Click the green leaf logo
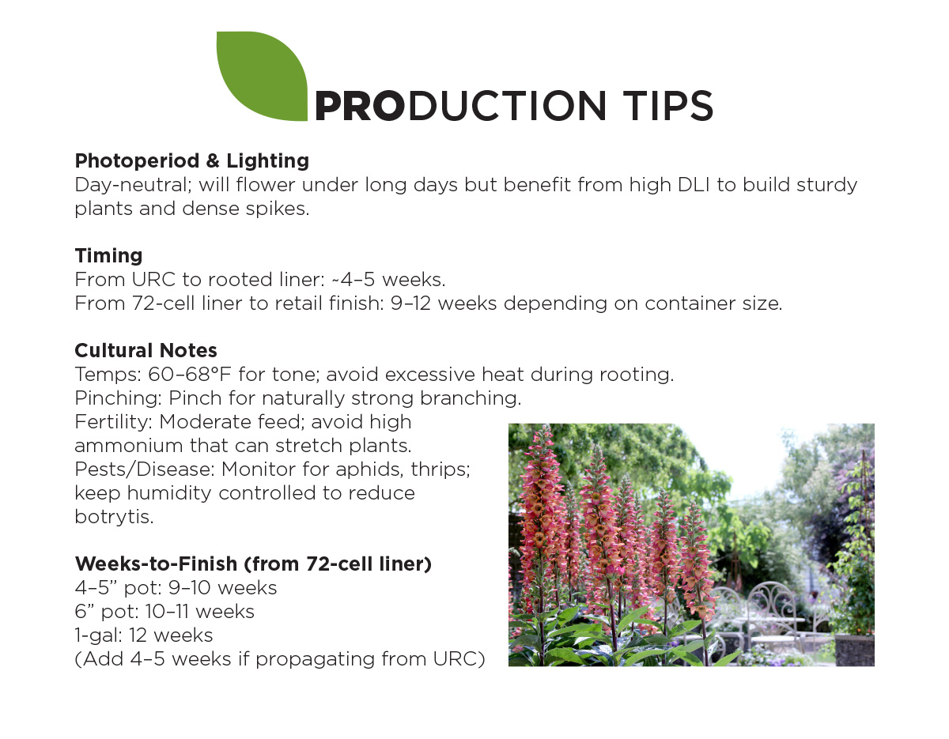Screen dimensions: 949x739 pos(262,76)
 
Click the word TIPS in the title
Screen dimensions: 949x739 pos(667,106)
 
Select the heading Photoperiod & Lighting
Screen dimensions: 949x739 pos(191,161)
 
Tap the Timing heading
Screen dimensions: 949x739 pos(109,255)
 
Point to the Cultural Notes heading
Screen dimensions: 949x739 pos(146,350)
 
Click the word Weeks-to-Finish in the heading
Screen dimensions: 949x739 pos(156,564)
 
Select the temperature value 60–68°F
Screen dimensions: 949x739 pos(190,374)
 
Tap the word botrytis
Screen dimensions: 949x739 pos(114,517)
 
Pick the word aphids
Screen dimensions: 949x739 pos(369,469)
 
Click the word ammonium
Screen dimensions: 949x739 pos(129,446)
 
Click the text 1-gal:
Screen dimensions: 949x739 pos(98,635)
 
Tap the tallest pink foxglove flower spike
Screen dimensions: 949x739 pos(540,519)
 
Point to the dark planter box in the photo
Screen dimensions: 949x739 pos(855,650)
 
